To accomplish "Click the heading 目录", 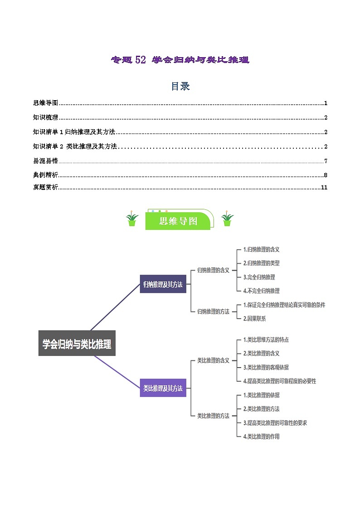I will pyautogui.click(x=180, y=86).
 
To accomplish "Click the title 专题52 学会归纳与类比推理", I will pyautogui.click(x=180, y=60).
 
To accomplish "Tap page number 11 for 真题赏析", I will pyautogui.click(x=324, y=188).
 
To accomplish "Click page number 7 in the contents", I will pyautogui.click(x=326, y=161).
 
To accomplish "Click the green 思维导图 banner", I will pyautogui.click(x=178, y=221).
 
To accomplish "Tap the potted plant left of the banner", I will pyautogui.click(x=132, y=219).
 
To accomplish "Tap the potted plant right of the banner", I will pyautogui.click(x=227, y=219).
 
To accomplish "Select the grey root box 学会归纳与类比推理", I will pyautogui.click(x=77, y=344).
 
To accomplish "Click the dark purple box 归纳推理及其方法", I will pyautogui.click(x=163, y=284).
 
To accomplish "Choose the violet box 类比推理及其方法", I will pyautogui.click(x=163, y=388).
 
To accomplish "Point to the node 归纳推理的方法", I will pyautogui.click(x=213, y=311).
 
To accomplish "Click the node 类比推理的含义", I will pyautogui.click(x=213, y=360).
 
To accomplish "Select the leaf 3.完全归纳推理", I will pyautogui.click(x=259, y=277).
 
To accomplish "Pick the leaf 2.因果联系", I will pyautogui.click(x=254, y=319).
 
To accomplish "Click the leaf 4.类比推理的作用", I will pyautogui.click(x=261, y=436).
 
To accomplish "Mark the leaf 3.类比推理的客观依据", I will pyautogui.click(x=266, y=367).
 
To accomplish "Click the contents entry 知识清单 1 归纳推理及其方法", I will pyautogui.click(x=74, y=132).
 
